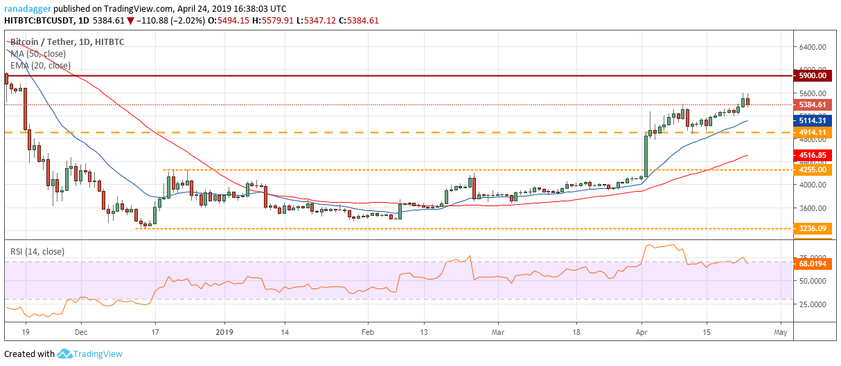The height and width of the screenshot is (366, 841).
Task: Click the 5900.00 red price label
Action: (x=813, y=75)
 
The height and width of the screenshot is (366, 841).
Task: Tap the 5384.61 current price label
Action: (x=813, y=105)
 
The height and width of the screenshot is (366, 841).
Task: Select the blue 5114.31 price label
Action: (x=813, y=120)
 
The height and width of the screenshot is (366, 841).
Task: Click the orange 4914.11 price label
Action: (x=813, y=132)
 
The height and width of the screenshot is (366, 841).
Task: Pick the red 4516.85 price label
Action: (x=813, y=155)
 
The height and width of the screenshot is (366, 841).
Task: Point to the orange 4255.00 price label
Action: (x=813, y=170)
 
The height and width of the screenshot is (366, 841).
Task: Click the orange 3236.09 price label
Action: (x=813, y=228)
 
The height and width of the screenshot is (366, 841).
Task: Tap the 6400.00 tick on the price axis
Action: (x=813, y=47)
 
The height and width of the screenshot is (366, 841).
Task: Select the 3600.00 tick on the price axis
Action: (x=813, y=208)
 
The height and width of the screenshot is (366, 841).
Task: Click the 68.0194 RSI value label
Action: (x=813, y=264)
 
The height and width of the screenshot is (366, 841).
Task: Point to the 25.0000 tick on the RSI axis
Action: (x=813, y=304)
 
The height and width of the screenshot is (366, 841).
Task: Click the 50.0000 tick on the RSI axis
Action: (x=813, y=281)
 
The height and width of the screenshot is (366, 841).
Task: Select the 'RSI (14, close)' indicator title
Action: (x=37, y=252)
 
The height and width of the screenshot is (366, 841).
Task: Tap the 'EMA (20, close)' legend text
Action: (x=39, y=66)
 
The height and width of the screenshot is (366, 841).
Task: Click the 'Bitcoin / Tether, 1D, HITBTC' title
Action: (x=67, y=42)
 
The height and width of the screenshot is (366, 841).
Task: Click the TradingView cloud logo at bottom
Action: (x=66, y=354)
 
